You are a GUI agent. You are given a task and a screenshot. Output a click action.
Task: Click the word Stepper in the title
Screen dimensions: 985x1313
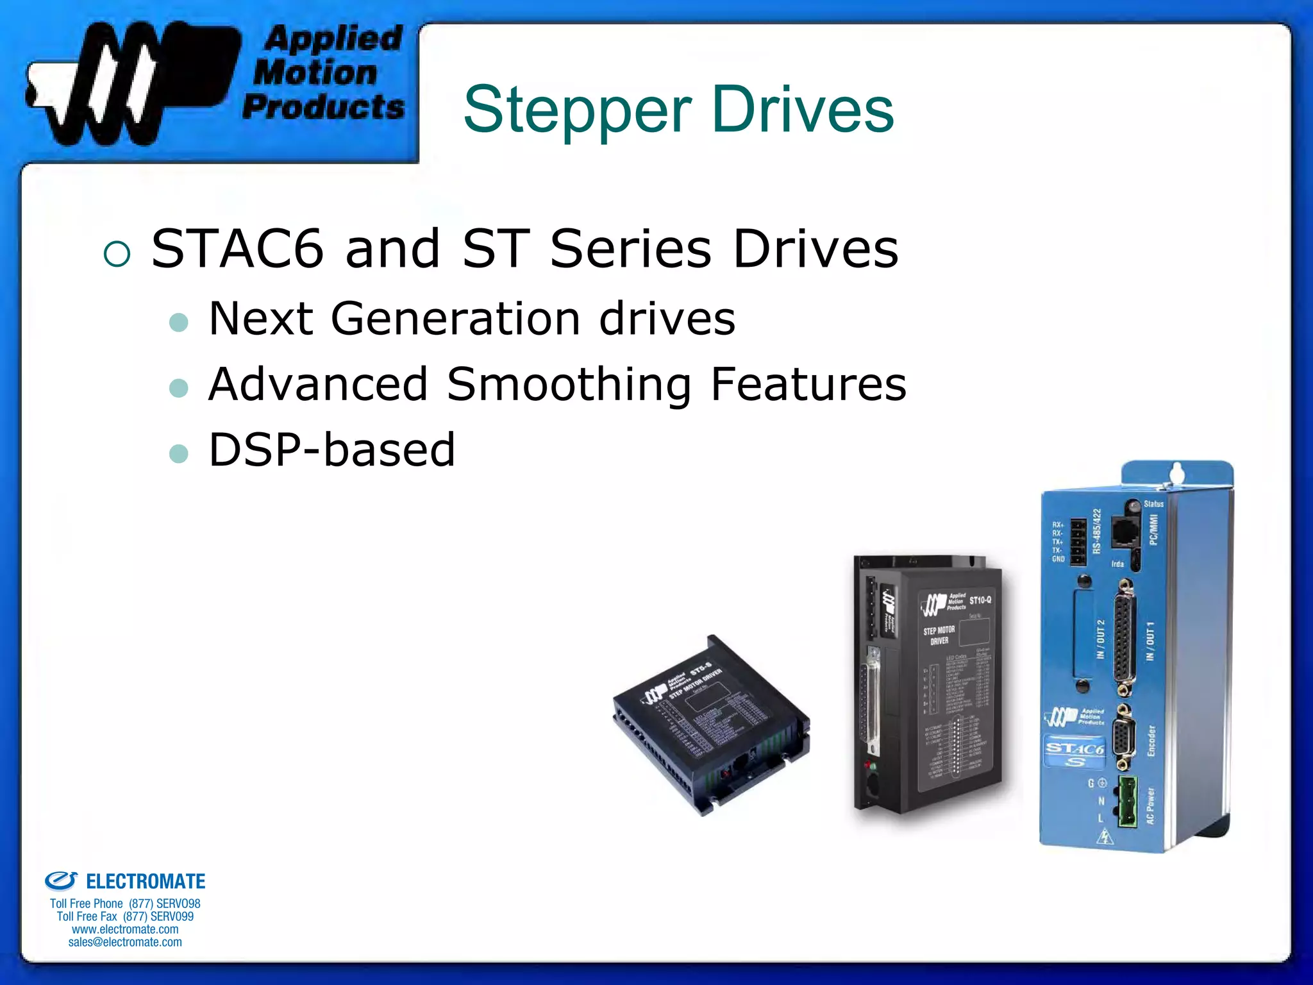577,110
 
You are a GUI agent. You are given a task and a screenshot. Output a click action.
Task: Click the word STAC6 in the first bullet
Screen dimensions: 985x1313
237,249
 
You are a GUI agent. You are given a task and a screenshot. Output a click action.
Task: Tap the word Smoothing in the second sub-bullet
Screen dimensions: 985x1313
569,385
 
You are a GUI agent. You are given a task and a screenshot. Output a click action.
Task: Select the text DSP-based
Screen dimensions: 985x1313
331,450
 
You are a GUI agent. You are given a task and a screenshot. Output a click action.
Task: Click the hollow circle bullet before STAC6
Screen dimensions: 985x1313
117,254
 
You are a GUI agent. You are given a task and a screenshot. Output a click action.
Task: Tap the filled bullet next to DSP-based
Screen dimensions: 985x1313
178,454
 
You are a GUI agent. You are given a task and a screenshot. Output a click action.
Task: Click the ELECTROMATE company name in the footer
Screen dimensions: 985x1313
145,882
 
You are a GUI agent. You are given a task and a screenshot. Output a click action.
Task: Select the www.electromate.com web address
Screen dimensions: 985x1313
125,929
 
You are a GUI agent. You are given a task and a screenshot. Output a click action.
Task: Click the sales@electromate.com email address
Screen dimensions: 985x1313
125,942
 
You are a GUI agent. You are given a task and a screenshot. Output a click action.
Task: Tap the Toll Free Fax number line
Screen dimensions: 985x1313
125,916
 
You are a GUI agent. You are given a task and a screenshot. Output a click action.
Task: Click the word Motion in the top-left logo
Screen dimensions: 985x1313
315,72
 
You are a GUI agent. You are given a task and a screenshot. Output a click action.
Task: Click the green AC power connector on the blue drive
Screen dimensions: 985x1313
1128,802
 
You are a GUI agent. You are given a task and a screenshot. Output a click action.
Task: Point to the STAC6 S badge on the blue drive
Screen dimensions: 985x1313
1075,753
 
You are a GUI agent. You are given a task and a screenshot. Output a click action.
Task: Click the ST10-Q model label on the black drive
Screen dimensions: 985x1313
980,600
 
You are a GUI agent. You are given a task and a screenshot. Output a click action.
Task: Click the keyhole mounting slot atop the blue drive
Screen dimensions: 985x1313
1176,475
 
